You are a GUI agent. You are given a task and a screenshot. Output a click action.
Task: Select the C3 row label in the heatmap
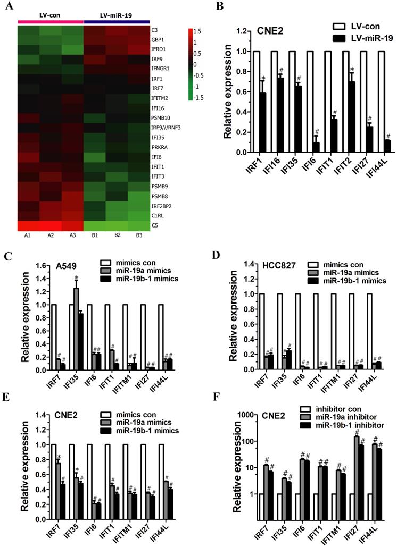point(154,30)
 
